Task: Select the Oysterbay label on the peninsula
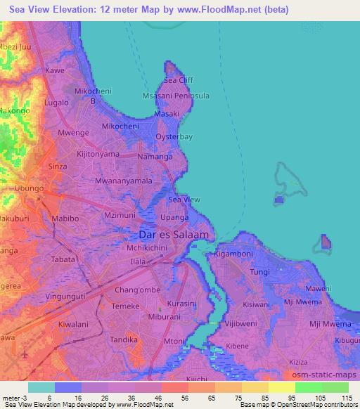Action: click(174, 138)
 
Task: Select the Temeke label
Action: click(127, 307)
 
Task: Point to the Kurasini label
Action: click(181, 303)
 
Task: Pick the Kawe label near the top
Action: click(55, 71)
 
